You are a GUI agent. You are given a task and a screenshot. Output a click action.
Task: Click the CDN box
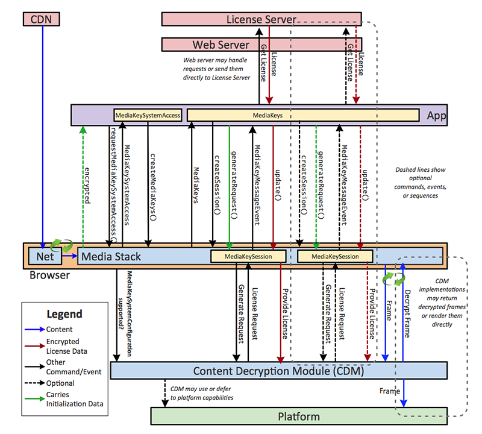42,19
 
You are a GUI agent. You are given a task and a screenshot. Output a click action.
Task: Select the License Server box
261,19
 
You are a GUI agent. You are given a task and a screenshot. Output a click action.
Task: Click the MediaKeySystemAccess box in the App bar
148,115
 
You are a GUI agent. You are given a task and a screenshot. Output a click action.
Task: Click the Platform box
298,417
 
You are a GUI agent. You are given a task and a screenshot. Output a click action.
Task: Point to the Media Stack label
111,256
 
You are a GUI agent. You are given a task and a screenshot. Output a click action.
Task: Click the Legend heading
64,314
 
